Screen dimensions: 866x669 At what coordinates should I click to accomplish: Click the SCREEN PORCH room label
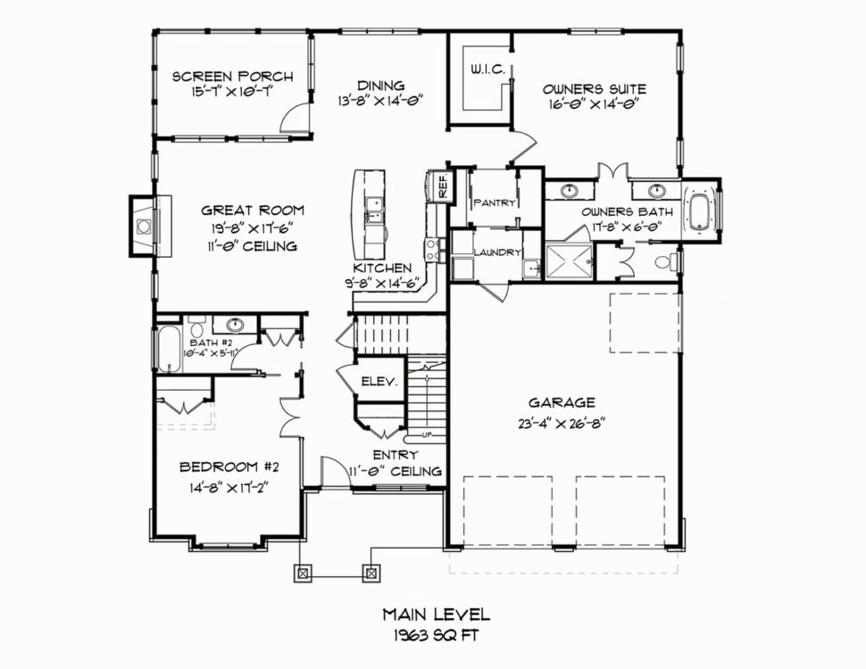pos(232,76)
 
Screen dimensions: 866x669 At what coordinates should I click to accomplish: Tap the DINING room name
pos(380,86)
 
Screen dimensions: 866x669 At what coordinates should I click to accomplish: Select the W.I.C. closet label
pos(487,70)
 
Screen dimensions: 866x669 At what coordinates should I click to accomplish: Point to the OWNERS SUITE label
pos(595,89)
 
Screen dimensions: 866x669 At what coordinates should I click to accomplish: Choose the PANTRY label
pos(495,202)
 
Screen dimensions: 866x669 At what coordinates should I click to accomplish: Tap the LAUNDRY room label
pos(497,252)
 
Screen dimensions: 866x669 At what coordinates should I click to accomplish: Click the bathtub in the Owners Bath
pos(699,210)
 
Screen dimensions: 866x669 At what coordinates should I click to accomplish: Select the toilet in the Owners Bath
pos(667,261)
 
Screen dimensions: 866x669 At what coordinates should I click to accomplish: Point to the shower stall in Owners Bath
pos(570,262)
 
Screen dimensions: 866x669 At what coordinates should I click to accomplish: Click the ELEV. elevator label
pos(379,381)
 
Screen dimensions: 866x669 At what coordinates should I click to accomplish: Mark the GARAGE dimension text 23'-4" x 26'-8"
pos(562,424)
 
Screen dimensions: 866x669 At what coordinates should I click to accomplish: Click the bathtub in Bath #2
pos(168,350)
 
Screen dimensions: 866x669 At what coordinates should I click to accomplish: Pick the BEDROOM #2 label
pos(229,467)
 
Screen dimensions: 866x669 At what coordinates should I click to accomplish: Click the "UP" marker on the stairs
pos(427,434)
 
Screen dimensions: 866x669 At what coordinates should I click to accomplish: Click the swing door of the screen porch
pos(295,117)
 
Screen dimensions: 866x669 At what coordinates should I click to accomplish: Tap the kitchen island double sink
pos(375,210)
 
